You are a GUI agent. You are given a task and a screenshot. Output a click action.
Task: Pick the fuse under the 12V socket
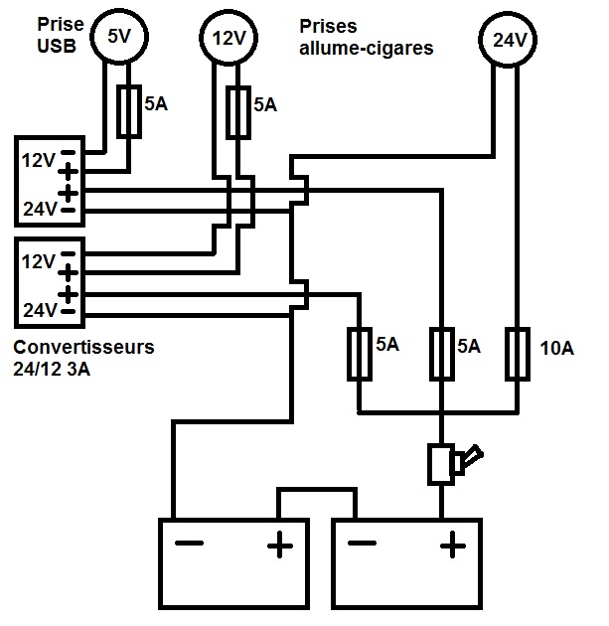[237, 112]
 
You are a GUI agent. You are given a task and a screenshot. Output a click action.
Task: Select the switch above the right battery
[444, 462]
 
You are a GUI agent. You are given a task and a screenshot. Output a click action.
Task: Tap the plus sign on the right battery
[452, 544]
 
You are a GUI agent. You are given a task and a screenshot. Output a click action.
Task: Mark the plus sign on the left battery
[280, 544]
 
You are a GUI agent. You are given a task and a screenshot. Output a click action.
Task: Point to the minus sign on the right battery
[363, 544]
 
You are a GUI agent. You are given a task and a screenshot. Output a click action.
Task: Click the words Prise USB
[57, 36]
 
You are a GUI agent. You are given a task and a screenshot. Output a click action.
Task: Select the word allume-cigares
[367, 47]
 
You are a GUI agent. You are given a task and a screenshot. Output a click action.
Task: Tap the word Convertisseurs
[84, 348]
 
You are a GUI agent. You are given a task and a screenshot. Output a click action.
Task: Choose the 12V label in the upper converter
[38, 158]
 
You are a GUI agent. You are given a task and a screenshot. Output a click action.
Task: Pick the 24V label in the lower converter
[38, 312]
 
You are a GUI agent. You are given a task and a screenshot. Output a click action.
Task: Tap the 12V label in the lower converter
[38, 261]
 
